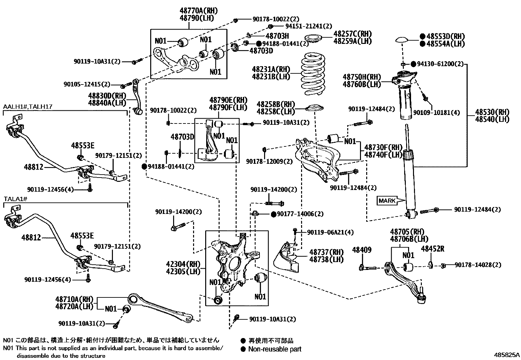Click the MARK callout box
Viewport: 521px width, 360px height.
point(387,201)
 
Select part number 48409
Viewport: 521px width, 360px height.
point(362,250)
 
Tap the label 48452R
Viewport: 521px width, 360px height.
point(432,249)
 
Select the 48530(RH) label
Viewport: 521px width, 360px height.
point(492,112)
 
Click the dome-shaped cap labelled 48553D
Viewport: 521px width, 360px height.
point(402,40)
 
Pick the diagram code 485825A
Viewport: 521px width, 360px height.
point(507,355)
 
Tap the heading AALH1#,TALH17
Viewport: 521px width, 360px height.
point(28,107)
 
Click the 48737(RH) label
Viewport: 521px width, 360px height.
point(326,252)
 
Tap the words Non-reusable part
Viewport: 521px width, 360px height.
point(275,349)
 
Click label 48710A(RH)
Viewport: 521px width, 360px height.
point(74,299)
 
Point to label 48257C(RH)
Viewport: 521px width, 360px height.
point(352,34)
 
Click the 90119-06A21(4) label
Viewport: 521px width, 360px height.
point(330,232)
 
